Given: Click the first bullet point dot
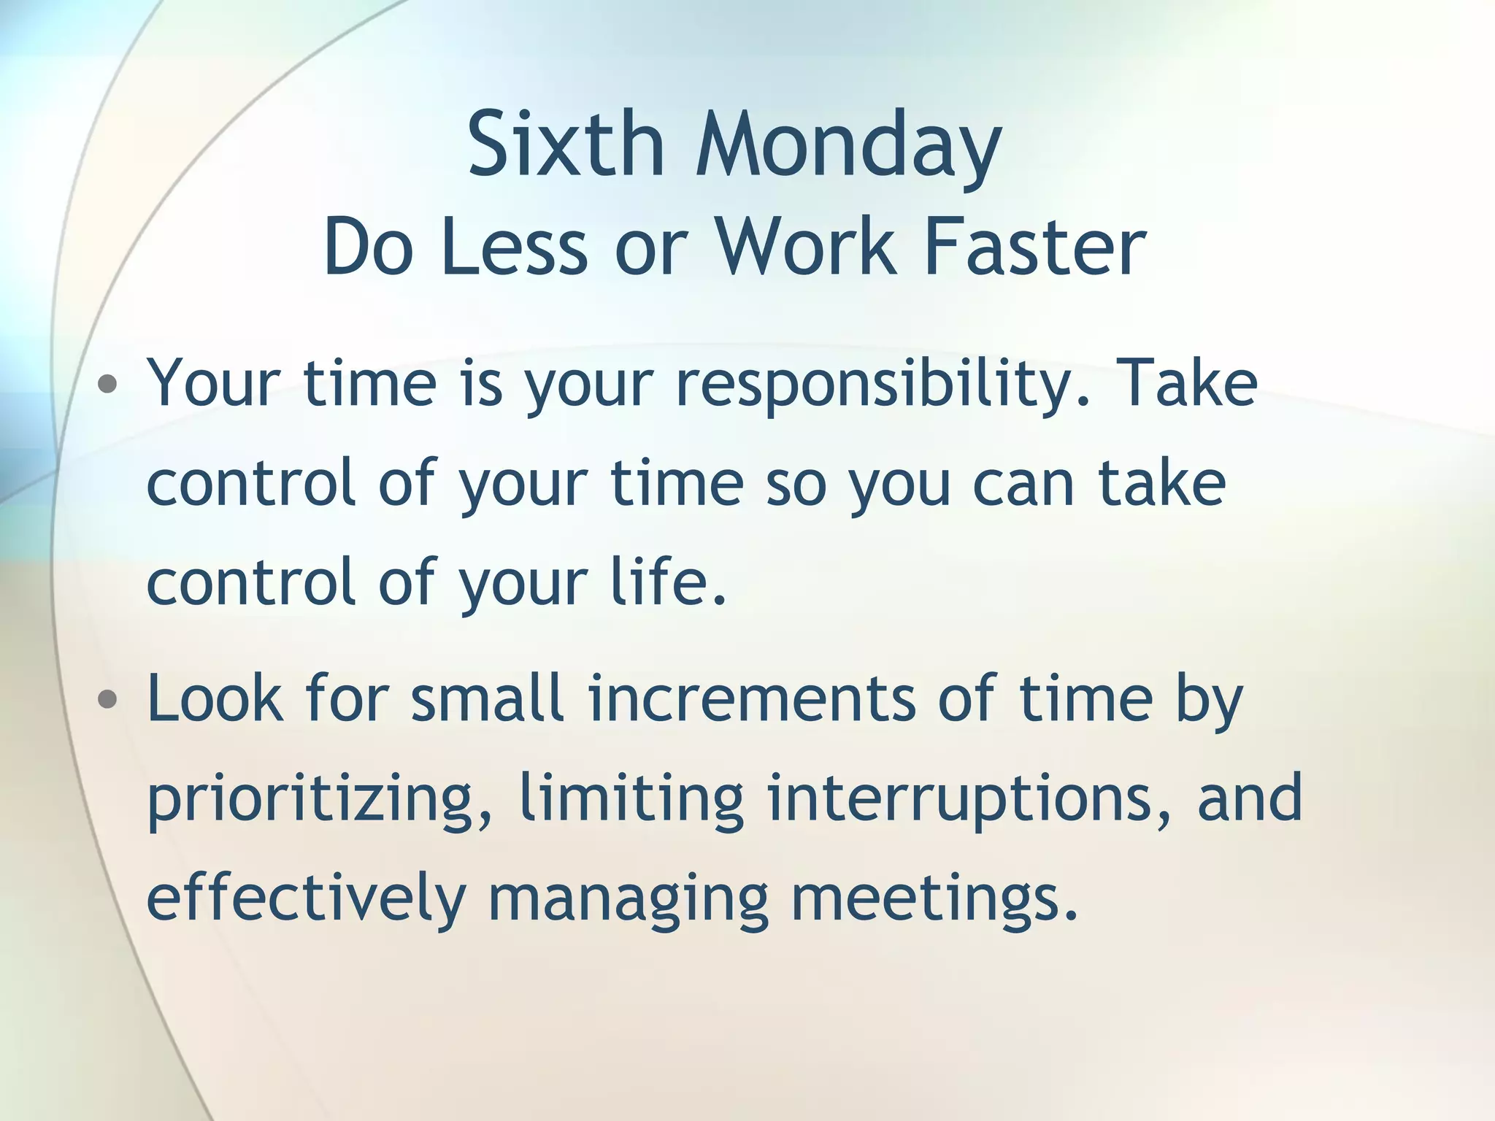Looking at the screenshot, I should coord(107,384).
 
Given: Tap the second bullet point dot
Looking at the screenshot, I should coord(107,700).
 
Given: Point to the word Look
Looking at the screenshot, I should coord(215,698).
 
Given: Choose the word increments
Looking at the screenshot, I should coord(751,700).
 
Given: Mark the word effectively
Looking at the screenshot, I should coord(306,898).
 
